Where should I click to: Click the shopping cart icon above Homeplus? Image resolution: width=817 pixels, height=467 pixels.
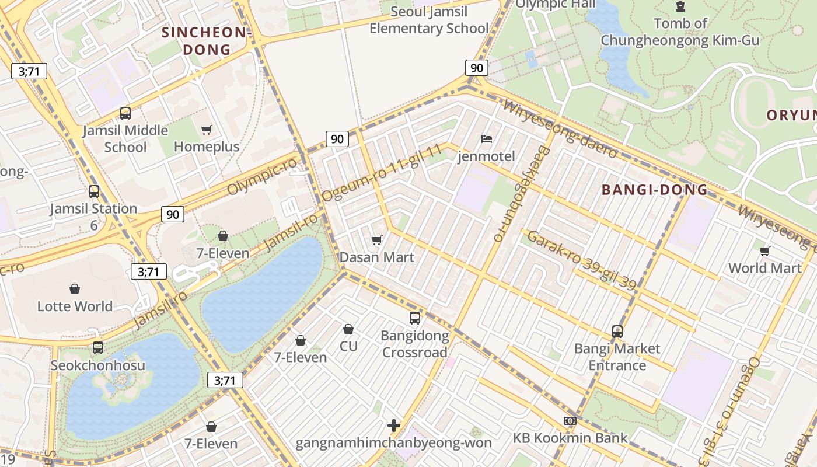[206, 130]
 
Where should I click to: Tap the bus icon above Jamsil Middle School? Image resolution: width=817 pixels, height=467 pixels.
[125, 113]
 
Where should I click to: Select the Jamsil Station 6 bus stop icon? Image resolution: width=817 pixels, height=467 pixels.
[94, 191]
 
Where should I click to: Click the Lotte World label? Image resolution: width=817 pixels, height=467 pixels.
[75, 306]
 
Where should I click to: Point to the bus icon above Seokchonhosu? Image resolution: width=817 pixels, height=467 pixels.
[98, 348]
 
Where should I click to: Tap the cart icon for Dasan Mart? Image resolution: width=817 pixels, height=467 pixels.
[377, 241]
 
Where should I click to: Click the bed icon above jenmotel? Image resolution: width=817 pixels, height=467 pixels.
[487, 139]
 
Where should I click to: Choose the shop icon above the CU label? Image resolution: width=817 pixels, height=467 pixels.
[348, 329]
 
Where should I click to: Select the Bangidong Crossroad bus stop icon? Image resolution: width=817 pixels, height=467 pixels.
[415, 318]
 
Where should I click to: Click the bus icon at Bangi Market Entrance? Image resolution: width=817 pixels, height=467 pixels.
[617, 332]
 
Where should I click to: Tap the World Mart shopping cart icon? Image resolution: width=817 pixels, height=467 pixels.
[764, 251]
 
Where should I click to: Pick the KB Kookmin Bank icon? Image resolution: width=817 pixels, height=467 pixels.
[570, 421]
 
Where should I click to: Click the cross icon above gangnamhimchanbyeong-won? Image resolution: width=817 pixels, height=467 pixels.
[394, 426]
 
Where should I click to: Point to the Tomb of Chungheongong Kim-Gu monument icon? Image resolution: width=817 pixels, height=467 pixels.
[680, 6]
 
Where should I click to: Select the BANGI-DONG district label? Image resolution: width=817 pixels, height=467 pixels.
[654, 190]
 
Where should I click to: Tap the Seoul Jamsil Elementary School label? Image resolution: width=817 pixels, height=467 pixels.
[429, 20]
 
